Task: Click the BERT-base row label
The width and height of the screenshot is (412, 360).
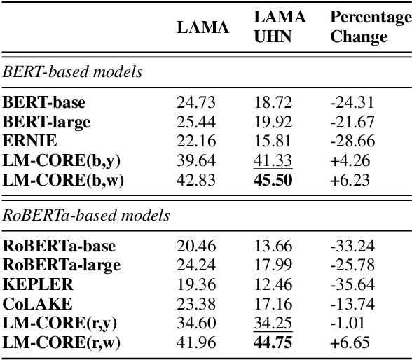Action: point(44,103)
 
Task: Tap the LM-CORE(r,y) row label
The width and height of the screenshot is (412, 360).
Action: point(64,323)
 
